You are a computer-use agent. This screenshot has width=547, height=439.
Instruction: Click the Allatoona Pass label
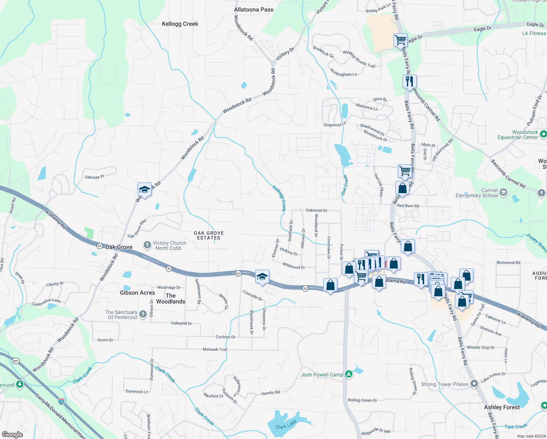pos(253,10)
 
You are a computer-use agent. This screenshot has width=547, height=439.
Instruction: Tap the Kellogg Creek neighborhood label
pos(180,24)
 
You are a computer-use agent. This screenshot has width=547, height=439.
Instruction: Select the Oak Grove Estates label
pos(208,235)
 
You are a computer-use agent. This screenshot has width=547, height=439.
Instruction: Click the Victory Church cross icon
pos(147,245)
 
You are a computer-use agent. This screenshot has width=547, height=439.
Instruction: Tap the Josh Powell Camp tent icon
pos(349,374)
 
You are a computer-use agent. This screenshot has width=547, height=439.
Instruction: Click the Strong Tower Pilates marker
pos(474,384)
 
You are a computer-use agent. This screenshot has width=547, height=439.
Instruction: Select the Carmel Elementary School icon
pos(503,192)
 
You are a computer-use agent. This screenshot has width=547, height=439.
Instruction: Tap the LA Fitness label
pos(534,33)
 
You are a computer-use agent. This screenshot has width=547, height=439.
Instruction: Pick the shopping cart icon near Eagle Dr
pos(401,40)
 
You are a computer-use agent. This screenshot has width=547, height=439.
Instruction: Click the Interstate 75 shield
pos(61,401)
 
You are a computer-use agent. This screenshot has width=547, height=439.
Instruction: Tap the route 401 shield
pos(16,361)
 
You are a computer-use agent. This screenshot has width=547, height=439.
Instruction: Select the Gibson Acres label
pos(137,293)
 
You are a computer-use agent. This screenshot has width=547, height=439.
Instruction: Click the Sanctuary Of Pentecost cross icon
pos(143,314)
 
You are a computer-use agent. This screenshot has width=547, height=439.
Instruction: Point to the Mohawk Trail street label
pos(215,349)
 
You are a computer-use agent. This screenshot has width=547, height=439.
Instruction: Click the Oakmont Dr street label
pos(317,210)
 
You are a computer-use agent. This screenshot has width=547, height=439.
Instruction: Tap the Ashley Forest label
pos(502,407)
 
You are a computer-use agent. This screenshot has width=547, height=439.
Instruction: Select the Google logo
pos(12,434)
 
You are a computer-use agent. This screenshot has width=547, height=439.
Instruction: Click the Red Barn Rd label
pos(408,206)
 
